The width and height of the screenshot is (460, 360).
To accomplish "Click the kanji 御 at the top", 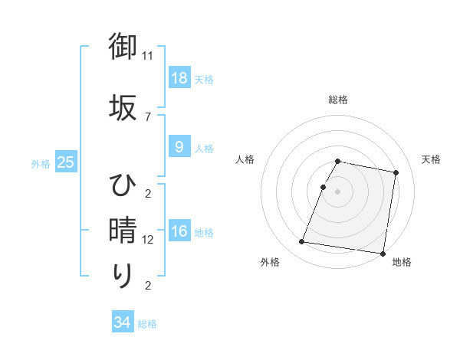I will click(123, 47).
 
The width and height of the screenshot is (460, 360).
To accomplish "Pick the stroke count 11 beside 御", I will click(148, 56).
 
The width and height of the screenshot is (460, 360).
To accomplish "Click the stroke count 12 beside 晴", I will click(148, 239).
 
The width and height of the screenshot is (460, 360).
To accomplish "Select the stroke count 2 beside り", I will click(148, 286).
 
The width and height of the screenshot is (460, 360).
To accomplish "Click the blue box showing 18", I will click(179, 77).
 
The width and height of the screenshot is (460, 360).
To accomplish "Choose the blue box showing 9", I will click(179, 147).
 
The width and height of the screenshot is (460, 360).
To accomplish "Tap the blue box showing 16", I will click(179, 231).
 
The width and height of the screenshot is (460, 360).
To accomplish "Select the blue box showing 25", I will click(65, 162).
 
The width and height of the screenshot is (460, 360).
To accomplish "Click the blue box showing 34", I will click(122, 322).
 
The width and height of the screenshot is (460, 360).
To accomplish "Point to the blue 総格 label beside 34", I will click(147, 324).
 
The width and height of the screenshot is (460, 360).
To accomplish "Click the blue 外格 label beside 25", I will click(41, 163).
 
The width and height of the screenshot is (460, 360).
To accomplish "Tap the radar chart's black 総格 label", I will click(338, 100).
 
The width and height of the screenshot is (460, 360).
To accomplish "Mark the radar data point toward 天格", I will click(396, 173).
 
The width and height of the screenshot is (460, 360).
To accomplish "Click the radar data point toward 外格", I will click(302, 242).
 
